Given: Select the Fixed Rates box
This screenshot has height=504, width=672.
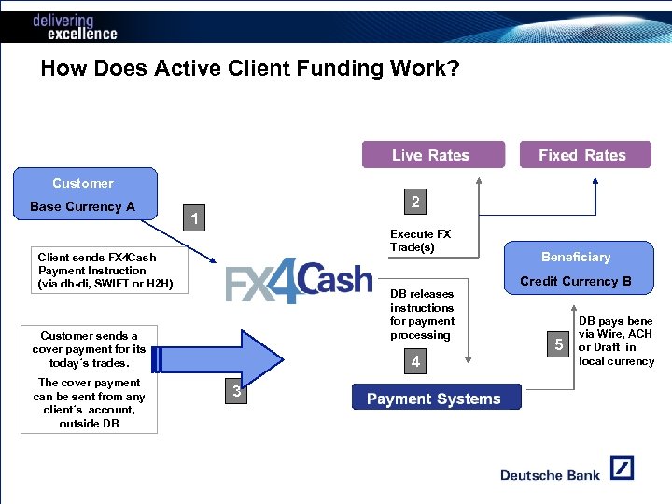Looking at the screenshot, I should [x=581, y=155].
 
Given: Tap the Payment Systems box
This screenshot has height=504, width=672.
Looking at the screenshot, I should [x=433, y=399].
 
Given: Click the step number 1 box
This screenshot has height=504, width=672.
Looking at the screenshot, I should [x=193, y=219].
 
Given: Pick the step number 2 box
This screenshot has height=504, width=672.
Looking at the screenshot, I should [x=415, y=202].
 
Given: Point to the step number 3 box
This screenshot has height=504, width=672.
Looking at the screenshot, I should [x=236, y=393].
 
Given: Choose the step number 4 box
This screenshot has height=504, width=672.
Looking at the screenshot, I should [x=415, y=361].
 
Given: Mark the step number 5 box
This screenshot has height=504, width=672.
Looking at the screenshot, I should [x=558, y=345].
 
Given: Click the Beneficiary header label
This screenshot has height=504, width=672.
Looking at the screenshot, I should [x=576, y=257].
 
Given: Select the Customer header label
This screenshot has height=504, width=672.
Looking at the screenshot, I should [x=83, y=183].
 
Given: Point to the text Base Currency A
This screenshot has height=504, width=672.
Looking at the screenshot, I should [x=82, y=206].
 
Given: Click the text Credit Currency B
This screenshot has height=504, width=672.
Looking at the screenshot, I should [x=576, y=281].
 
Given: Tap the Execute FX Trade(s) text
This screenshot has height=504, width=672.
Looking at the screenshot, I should [x=420, y=240].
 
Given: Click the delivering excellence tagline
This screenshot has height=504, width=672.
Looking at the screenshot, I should [x=75, y=27].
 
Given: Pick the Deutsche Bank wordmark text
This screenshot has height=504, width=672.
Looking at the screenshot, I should [x=550, y=475].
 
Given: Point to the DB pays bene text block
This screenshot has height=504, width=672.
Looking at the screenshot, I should [x=616, y=341].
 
